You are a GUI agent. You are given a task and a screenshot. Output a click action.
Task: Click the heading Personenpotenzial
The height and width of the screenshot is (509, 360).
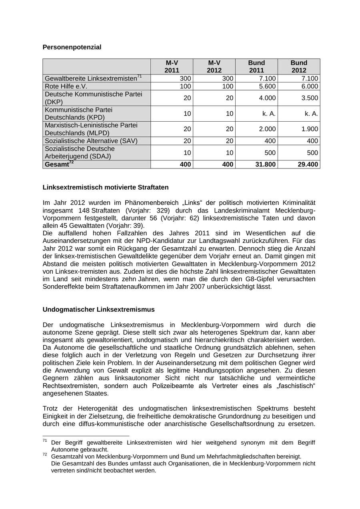point(72,47)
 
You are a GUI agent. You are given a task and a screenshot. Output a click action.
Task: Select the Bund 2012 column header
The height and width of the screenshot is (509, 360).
point(299,66)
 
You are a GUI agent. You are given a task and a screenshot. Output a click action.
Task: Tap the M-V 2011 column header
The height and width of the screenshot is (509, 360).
point(172,66)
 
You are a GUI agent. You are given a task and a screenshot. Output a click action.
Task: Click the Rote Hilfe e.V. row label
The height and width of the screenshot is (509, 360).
point(66,86)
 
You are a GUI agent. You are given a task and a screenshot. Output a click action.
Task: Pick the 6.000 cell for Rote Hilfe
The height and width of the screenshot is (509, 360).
point(310,86)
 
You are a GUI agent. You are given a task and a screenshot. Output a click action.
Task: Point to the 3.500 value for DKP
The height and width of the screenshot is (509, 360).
point(310,98)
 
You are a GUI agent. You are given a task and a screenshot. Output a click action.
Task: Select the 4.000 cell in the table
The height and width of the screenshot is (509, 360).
point(267,98)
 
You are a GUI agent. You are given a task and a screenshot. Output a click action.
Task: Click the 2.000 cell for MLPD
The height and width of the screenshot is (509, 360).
point(267,129)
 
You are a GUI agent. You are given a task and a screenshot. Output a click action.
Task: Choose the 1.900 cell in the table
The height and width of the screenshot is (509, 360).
point(310,129)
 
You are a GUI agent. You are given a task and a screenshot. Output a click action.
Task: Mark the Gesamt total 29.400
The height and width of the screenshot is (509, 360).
point(308,164)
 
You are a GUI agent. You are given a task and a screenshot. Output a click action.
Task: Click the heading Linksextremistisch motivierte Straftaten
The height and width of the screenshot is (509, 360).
point(105,187)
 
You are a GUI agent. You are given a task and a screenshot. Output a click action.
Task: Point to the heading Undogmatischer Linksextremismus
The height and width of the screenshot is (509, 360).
point(98,310)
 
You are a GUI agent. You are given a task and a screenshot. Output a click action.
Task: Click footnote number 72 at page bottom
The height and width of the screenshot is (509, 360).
point(45,455)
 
